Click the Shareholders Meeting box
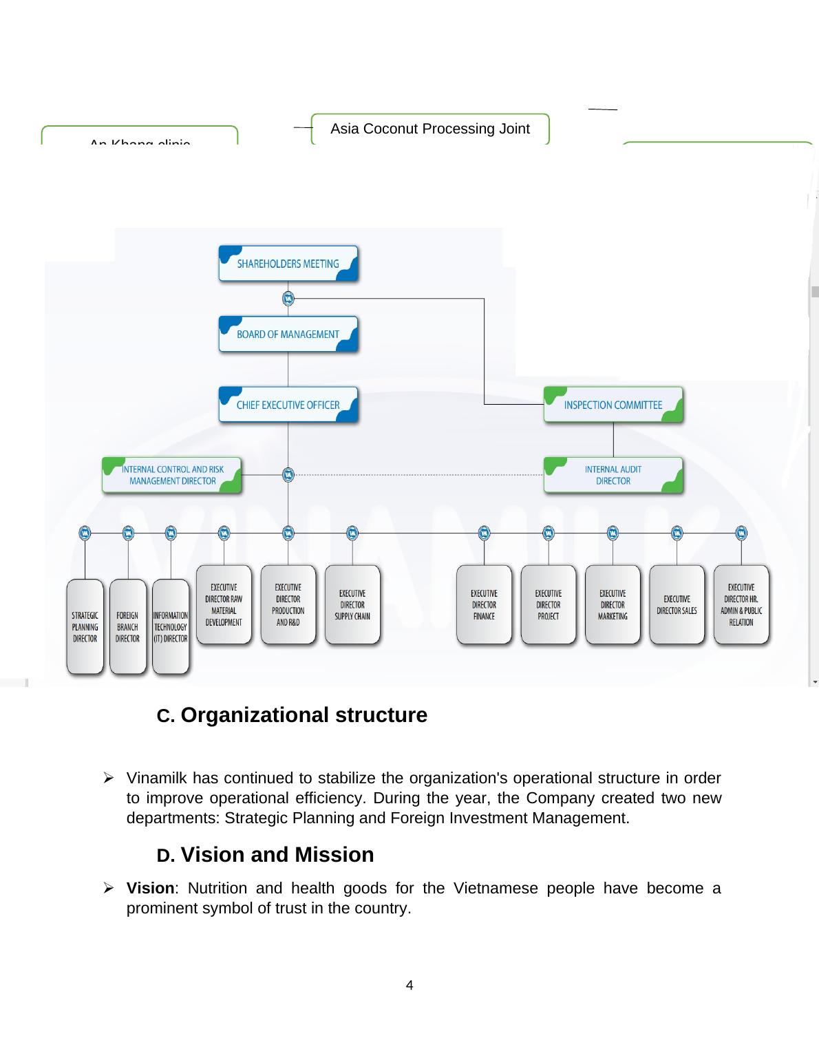(x=288, y=264)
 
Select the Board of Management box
(x=288, y=335)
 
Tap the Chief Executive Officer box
(x=288, y=405)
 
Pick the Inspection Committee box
(x=613, y=405)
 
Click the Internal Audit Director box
(x=613, y=475)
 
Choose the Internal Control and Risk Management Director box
(x=172, y=475)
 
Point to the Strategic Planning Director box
(x=85, y=626)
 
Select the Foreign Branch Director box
(x=127, y=626)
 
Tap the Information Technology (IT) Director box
(x=171, y=626)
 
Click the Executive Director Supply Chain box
(x=352, y=605)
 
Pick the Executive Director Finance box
(x=484, y=605)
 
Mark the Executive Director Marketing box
(x=613, y=605)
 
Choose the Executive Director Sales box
(x=677, y=605)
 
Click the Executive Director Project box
(x=549, y=605)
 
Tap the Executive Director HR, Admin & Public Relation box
(x=741, y=605)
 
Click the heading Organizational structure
(x=304, y=715)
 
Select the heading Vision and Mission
(x=277, y=855)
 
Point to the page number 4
(x=409, y=986)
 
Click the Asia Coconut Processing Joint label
(x=430, y=129)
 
